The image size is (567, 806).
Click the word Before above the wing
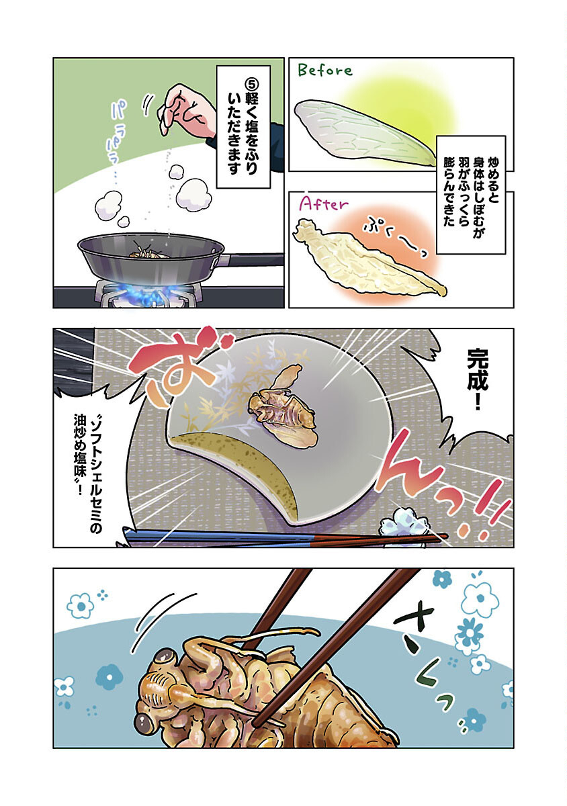click(x=325, y=70)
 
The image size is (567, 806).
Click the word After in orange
click(x=322, y=205)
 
